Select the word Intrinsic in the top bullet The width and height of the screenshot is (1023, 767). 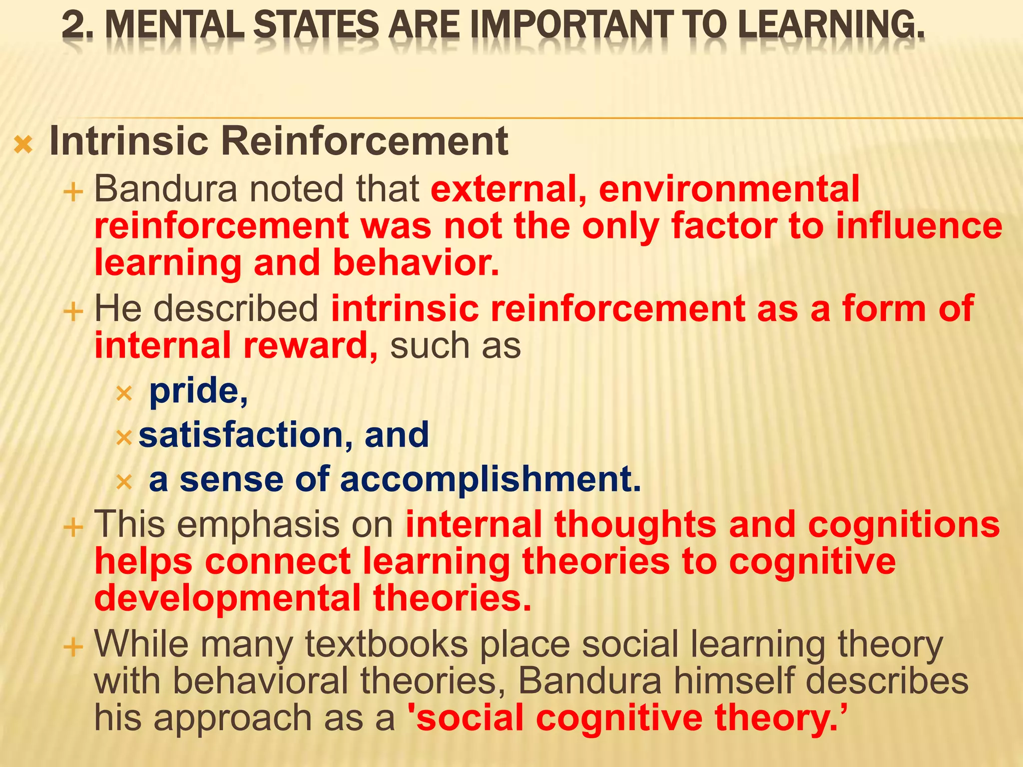(129, 141)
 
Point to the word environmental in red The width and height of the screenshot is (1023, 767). (729, 189)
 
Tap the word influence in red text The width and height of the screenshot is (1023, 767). (919, 226)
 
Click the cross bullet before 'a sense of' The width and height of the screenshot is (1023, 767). (123, 482)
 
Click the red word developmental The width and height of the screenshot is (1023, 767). (227, 598)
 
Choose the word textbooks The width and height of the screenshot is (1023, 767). (387, 644)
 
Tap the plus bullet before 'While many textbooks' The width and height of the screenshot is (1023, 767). (73, 648)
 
